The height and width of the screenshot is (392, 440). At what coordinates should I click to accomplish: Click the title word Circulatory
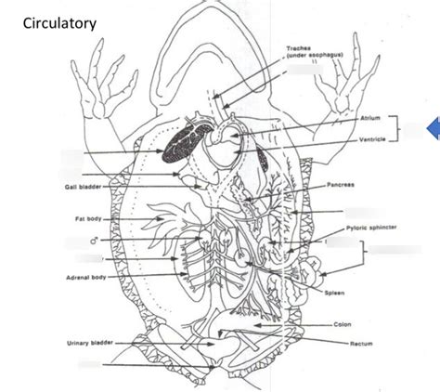pos(58,20)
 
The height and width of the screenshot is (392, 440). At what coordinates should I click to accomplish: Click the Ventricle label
pos(372,139)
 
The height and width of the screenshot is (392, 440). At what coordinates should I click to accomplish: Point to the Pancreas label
pos(341,185)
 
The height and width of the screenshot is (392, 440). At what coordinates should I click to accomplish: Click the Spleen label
pos(336,292)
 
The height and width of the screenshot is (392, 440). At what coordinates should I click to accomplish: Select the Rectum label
pos(360,342)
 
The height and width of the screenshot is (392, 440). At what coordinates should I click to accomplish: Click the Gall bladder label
pos(82,187)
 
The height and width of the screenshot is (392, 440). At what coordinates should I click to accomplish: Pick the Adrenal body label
pos(85,278)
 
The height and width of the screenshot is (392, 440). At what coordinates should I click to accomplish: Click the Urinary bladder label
pos(90,343)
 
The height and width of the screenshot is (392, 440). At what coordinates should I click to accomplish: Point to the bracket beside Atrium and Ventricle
pos(396,130)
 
